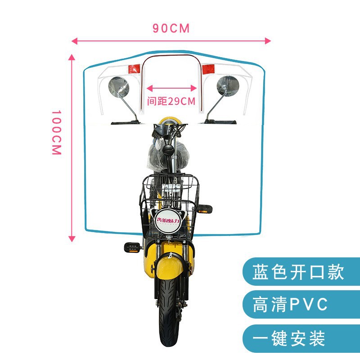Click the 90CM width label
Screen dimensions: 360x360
[171, 28]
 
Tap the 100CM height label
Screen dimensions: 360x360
[56, 133]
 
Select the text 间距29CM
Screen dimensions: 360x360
[171, 101]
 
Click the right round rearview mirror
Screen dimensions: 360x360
[228, 85]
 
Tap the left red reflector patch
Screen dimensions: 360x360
[134, 69]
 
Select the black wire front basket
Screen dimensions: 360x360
[170, 202]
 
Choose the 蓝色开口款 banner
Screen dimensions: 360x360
[298, 271]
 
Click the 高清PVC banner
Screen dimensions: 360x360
[290, 305]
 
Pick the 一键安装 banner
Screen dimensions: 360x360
[288, 338]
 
